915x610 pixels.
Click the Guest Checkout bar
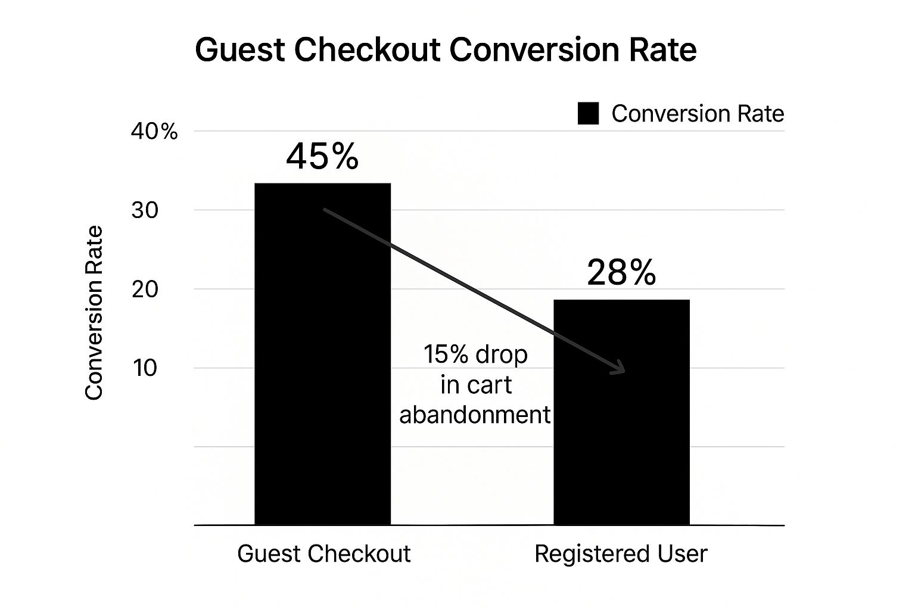[323, 354]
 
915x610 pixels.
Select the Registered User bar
[622, 412]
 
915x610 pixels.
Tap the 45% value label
[322, 156]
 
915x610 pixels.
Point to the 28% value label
[621, 272]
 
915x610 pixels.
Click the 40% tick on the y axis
[154, 132]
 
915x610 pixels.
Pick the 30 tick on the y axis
[145, 210]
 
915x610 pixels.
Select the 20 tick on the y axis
[145, 290]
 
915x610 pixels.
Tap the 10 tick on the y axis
[145, 368]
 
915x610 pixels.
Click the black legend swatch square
[588, 113]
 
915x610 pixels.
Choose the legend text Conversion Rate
[698, 113]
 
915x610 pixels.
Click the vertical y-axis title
[94, 313]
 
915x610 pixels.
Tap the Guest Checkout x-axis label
[323, 554]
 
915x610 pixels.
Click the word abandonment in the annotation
[475, 415]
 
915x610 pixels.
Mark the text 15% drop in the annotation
[475, 354]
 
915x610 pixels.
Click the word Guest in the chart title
[240, 50]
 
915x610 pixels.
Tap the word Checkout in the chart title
[367, 50]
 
